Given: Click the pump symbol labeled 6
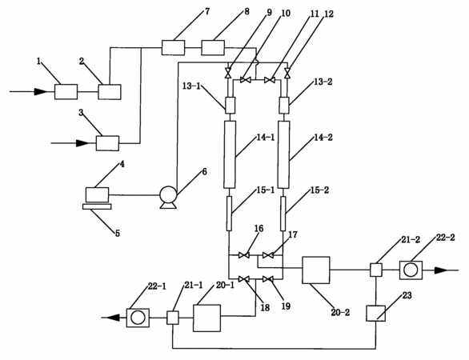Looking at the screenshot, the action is [x=168, y=197].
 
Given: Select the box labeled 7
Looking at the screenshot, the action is [x=173, y=48].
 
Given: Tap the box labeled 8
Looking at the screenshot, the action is [x=213, y=48].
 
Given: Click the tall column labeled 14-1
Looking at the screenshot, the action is [x=230, y=154].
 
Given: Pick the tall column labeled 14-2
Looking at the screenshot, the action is [x=283, y=154].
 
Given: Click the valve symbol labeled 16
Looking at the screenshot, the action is [x=244, y=255].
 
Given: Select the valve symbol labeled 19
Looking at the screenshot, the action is [x=267, y=279].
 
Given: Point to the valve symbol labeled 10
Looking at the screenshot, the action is [x=246, y=80].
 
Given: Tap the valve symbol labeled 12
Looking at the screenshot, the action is [x=287, y=73].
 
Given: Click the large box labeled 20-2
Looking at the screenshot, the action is [x=316, y=270].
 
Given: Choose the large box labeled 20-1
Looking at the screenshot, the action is [x=206, y=318].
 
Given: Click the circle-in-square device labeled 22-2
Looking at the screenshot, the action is [x=411, y=270].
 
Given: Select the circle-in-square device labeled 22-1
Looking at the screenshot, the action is [x=138, y=318].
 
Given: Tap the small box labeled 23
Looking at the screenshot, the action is [x=376, y=314].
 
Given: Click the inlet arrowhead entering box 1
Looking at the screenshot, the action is [x=41, y=91].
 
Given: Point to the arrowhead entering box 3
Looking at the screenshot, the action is [x=83, y=143].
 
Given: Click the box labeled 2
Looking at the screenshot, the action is [x=110, y=92].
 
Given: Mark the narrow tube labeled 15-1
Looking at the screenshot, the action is [x=229, y=214].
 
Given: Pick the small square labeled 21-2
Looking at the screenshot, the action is [x=376, y=270].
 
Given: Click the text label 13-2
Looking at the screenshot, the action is [x=323, y=82].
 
